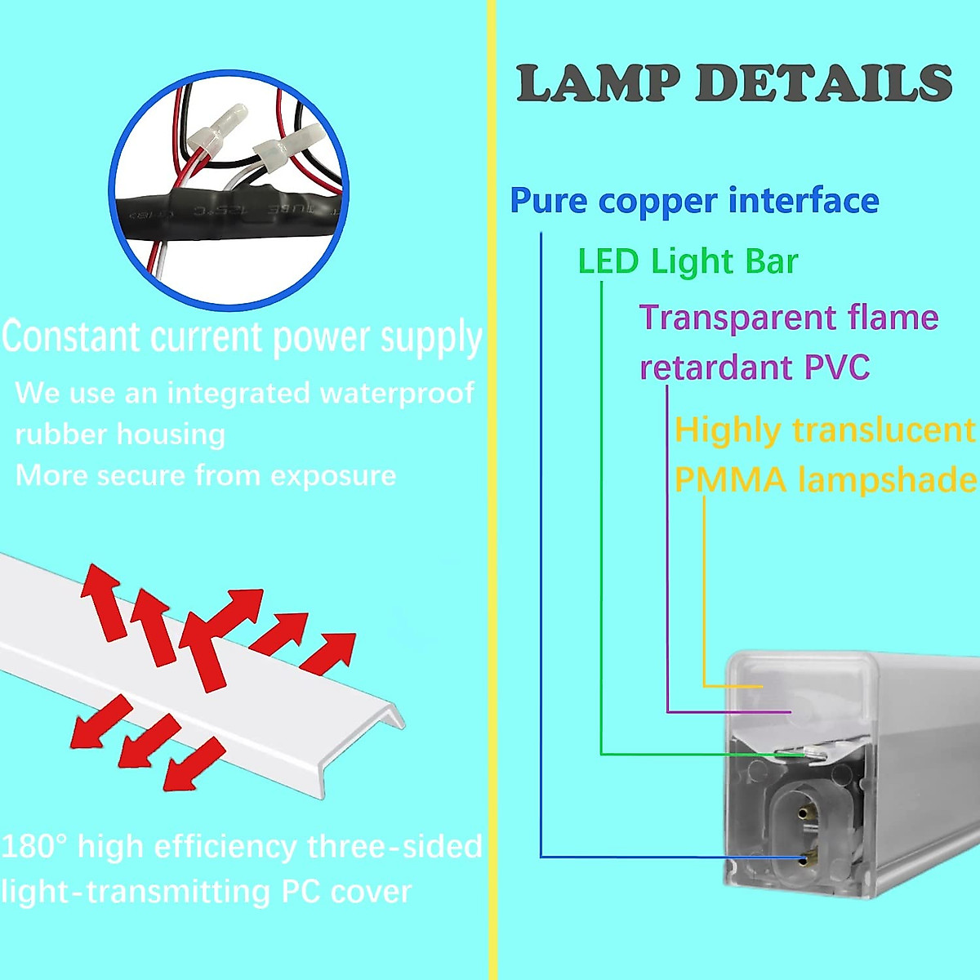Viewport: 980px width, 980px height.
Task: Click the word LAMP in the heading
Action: tap(599, 83)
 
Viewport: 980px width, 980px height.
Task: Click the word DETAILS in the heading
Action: tap(823, 83)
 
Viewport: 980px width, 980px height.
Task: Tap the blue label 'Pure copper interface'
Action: tap(694, 201)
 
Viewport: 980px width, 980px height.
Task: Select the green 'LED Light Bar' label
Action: tap(688, 261)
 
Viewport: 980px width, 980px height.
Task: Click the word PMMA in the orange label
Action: tap(730, 479)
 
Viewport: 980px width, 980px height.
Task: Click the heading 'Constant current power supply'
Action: tap(243, 337)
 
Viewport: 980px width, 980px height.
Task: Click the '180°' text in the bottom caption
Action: tap(33, 847)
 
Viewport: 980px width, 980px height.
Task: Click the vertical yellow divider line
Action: tap(492, 490)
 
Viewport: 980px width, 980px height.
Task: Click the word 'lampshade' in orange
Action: tap(888, 479)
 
